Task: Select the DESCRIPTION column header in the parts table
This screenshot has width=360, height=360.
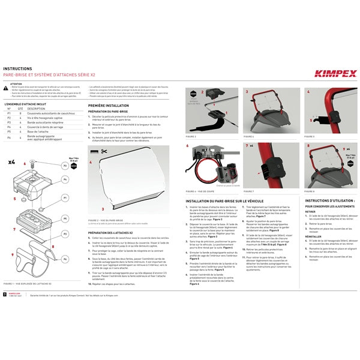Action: (36, 109)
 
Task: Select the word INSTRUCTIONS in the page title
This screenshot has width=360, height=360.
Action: (19, 69)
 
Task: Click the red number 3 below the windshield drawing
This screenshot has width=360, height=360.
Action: (103, 208)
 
